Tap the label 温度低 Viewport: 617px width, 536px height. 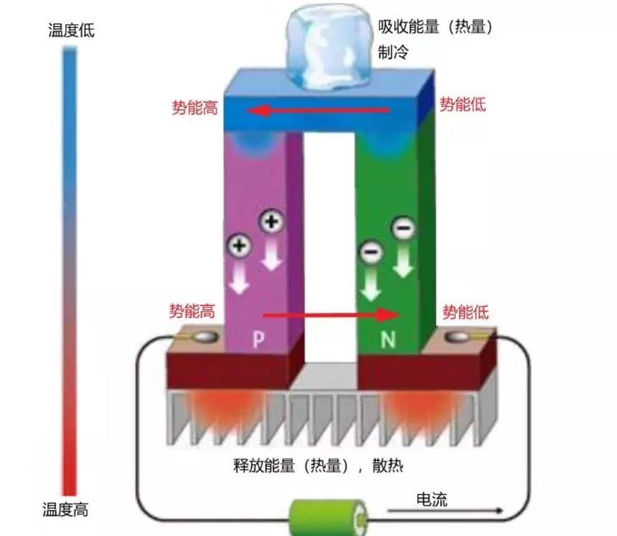72,30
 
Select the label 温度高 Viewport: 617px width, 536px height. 65,510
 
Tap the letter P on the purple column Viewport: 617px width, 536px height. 257,340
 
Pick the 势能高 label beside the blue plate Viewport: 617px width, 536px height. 195,108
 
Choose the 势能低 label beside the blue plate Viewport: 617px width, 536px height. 463,104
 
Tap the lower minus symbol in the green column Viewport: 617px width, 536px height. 371,252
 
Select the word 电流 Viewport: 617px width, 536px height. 432,499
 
